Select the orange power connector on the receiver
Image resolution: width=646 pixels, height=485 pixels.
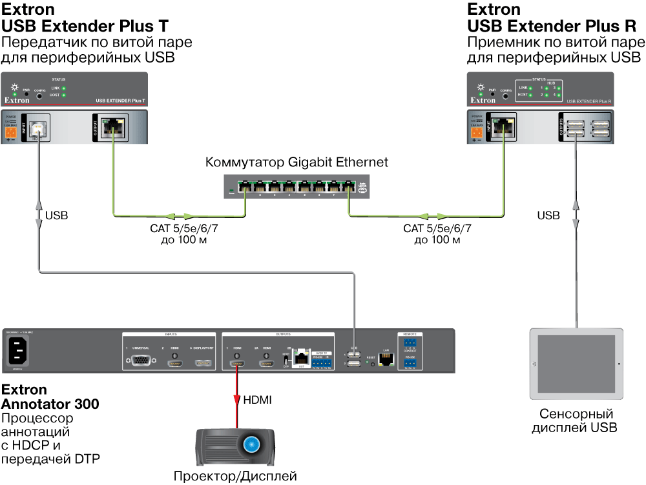(477, 133)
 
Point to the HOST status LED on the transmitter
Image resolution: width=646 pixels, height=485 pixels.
(64, 95)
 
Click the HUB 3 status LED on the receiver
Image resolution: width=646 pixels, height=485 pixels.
(559, 88)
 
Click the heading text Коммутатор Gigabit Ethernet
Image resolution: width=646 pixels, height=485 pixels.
(297, 162)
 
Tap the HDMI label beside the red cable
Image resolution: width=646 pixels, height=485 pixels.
(257, 401)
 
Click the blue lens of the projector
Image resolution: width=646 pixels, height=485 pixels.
(251, 444)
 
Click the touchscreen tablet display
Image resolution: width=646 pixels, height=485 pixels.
(576, 364)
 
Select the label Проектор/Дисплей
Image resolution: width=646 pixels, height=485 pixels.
(234, 477)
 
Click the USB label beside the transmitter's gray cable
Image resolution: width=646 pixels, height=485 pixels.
(56, 215)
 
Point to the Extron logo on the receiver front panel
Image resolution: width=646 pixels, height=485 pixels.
(483, 101)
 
